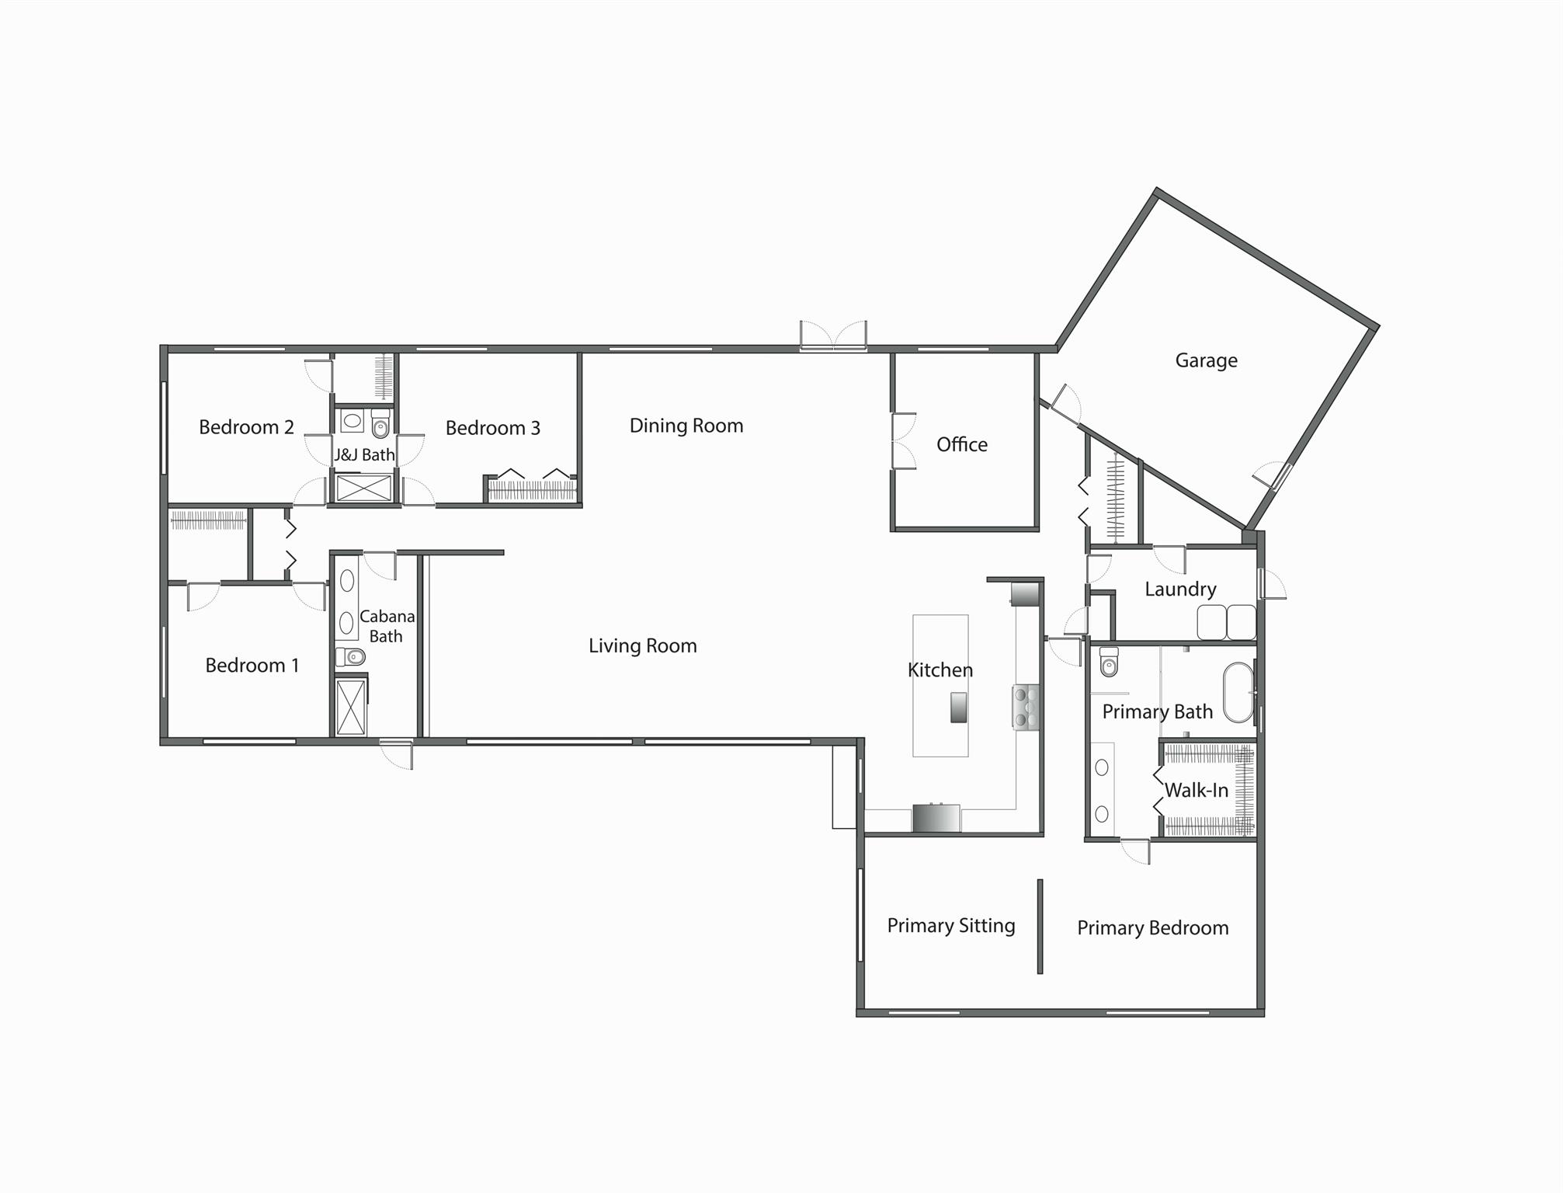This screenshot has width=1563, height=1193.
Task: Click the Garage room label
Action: coord(1205,360)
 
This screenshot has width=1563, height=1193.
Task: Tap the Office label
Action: coord(961,444)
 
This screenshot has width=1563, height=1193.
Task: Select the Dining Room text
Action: coord(686,426)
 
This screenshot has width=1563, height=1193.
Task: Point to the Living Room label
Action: coord(642,645)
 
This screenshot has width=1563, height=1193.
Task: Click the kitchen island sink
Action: coord(958,707)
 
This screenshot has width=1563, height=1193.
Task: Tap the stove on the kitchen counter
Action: coord(1026,707)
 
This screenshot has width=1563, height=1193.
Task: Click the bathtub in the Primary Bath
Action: coord(1238,692)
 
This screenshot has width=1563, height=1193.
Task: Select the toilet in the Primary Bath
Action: coord(1109,662)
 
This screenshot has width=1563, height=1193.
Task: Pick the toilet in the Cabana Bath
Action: coord(351,657)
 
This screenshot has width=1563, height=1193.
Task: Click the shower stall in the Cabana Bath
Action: coord(351,707)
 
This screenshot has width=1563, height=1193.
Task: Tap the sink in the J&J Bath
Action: coord(353,421)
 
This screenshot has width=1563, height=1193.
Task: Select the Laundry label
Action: coord(1179,589)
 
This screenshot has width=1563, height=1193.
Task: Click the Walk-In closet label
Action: coord(1196,791)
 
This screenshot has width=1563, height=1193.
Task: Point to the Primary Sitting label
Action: coord(950,925)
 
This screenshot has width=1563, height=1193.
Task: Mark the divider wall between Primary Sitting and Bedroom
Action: coord(1040,926)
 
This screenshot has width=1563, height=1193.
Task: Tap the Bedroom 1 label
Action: coord(252,666)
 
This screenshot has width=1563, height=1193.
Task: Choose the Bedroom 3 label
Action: coord(492,428)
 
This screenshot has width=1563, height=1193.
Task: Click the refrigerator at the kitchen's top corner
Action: coord(1025,594)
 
